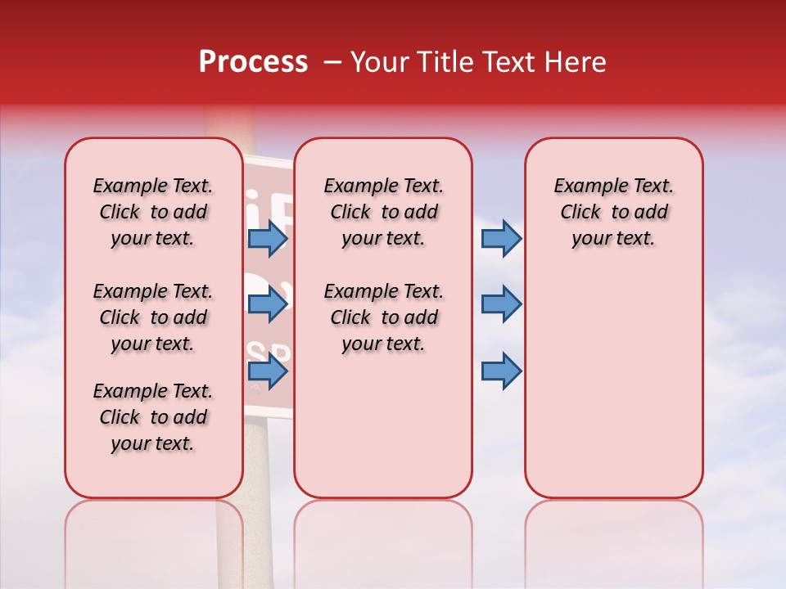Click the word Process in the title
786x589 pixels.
point(253,62)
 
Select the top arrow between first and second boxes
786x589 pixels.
point(268,239)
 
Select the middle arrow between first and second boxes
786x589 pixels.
point(268,304)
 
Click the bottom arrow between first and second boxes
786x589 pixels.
point(268,372)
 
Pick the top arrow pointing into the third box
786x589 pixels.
point(501,239)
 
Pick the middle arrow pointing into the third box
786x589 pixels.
point(501,304)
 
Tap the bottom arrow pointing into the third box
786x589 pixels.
point(501,371)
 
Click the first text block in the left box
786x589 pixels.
point(153,212)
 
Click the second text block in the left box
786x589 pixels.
point(153,317)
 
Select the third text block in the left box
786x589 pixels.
point(153,417)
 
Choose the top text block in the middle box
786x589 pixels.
point(383,212)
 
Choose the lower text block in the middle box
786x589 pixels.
point(383,317)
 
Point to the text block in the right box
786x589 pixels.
point(613,212)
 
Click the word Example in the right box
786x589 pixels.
point(584,186)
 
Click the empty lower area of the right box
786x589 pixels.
point(613,393)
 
